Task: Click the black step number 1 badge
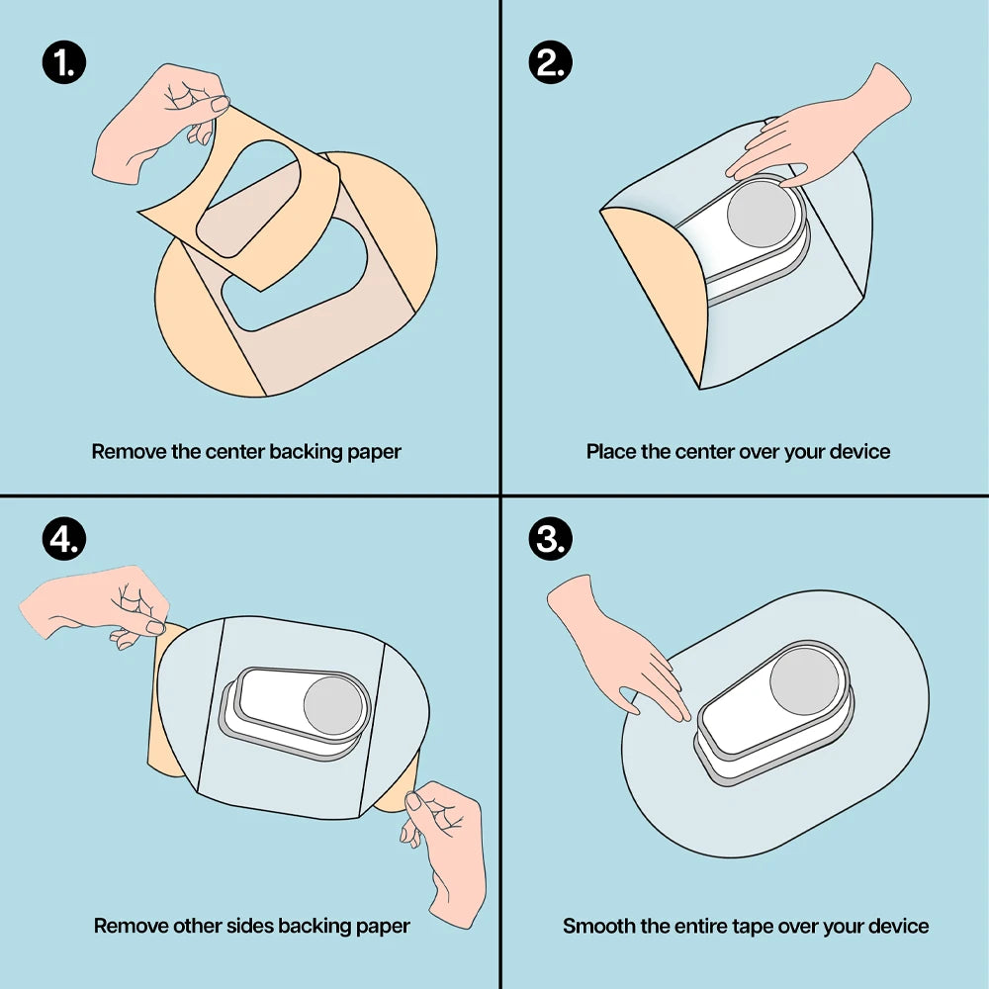[x=63, y=62]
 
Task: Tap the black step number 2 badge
[x=550, y=62]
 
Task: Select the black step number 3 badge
[x=550, y=539]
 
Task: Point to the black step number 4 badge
[x=63, y=539]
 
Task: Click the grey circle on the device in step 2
[x=762, y=214]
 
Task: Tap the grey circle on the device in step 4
[x=333, y=705]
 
